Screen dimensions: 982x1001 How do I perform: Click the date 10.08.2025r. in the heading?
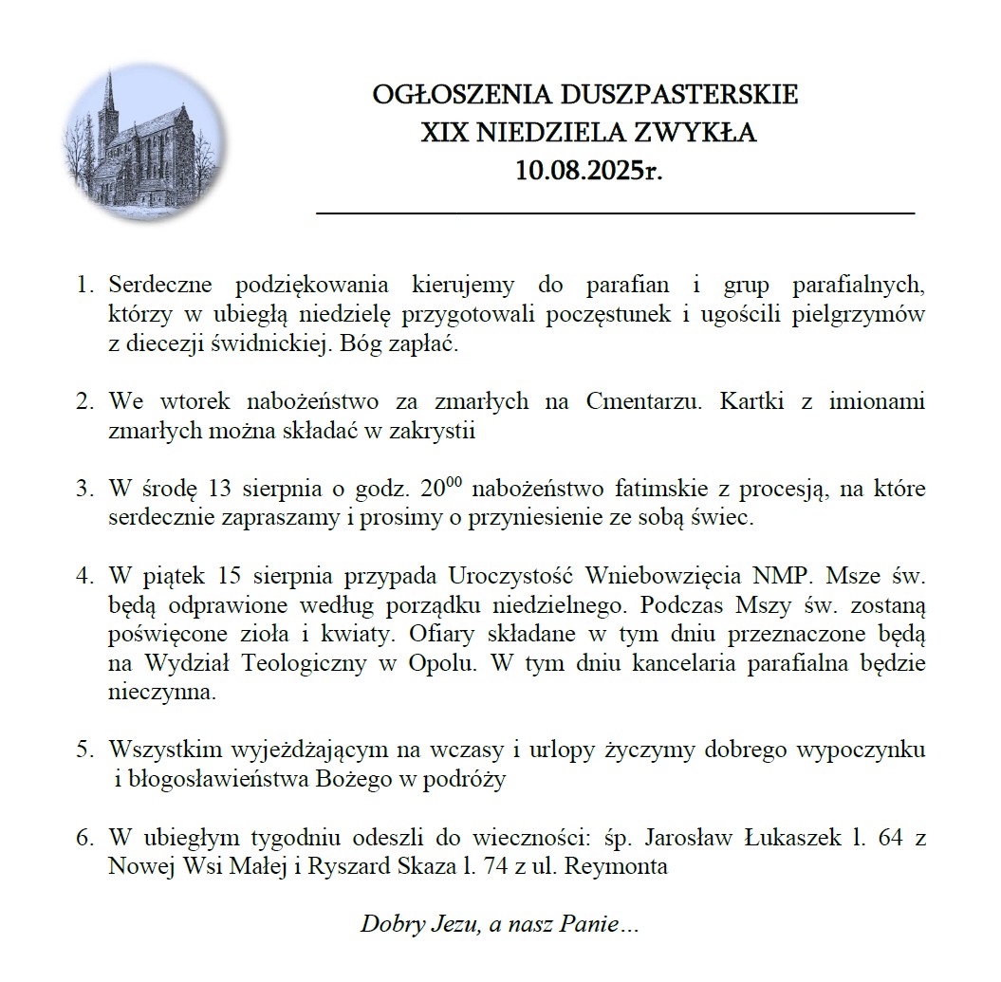coord(586,170)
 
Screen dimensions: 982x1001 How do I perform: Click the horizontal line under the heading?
coord(615,214)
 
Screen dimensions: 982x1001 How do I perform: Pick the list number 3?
coord(84,491)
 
